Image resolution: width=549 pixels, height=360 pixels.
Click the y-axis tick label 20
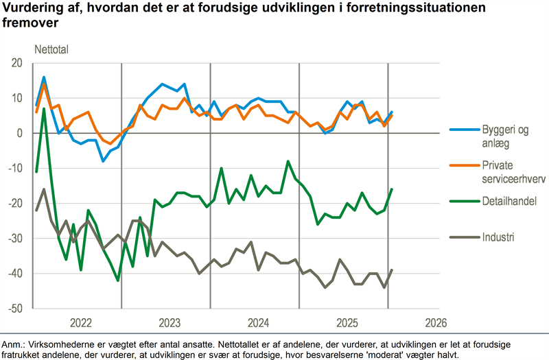16,63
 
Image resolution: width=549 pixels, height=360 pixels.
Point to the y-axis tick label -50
15,309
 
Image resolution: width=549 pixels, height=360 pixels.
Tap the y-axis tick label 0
19,133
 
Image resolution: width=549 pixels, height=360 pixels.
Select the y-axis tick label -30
15,239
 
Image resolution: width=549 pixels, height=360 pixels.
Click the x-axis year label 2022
80,323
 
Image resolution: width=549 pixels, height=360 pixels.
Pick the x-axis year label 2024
258,323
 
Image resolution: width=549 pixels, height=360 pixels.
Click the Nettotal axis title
52,49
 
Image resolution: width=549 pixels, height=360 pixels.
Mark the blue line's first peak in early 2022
44,77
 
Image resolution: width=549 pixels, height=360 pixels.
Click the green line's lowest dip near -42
118,280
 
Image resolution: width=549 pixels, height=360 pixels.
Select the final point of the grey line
392,270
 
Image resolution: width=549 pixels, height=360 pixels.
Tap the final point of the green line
392,189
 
